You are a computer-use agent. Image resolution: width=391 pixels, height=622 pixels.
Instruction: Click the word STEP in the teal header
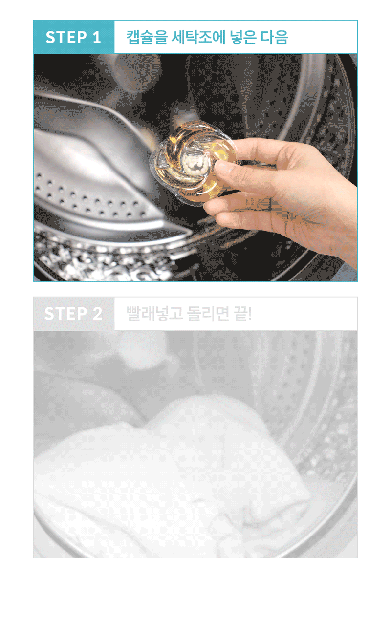(66, 37)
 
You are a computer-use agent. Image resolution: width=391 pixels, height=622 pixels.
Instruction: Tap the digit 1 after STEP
(97, 37)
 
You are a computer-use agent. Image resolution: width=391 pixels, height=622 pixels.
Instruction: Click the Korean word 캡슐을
(147, 37)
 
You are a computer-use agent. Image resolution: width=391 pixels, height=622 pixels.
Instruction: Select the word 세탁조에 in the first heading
(198, 37)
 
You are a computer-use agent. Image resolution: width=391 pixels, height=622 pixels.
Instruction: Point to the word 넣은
(243, 37)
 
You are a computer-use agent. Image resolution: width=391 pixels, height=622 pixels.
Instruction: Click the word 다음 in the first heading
(274, 37)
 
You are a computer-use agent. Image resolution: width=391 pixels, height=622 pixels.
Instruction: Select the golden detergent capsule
(195, 162)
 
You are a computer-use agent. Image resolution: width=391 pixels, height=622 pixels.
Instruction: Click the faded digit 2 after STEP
(97, 314)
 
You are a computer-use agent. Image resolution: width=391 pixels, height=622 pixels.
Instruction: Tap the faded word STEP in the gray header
(66, 314)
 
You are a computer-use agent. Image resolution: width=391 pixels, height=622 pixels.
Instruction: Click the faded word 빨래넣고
(154, 314)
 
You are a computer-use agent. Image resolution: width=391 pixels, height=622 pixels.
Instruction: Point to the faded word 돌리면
(208, 314)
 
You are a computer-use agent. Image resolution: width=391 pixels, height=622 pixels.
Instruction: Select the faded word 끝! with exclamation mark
(243, 314)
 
